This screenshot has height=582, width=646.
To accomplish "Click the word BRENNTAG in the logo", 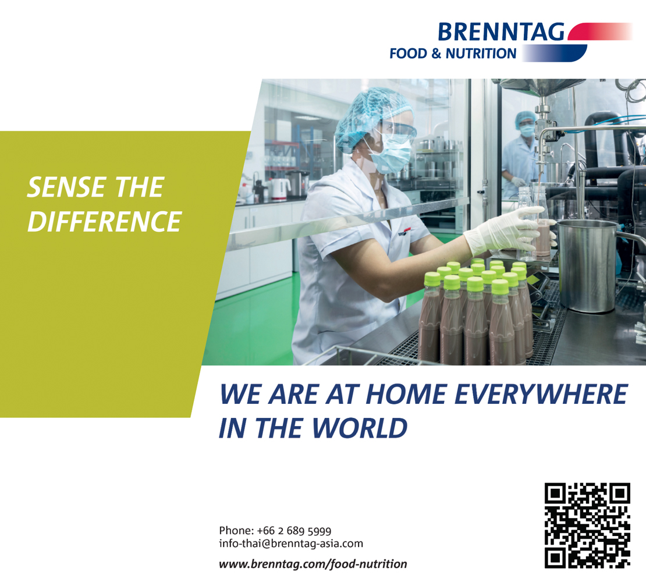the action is (501, 32).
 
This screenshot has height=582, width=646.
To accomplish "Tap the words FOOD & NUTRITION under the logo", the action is (453, 54).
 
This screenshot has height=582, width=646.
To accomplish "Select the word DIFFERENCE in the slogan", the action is (104, 221).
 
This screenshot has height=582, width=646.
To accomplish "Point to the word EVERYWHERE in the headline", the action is (541, 394).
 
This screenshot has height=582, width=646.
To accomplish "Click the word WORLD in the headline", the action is (360, 428).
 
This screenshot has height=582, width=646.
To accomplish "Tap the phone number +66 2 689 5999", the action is (294, 531).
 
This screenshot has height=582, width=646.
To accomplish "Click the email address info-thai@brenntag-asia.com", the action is (291, 544).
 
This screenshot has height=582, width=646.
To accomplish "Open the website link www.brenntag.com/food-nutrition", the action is (313, 564).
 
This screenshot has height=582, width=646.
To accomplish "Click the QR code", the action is (587, 526).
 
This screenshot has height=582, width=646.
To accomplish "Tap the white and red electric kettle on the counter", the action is (279, 189).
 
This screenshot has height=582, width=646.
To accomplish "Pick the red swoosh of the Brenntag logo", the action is (599, 31).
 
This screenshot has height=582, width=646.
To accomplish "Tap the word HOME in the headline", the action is (406, 394).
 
